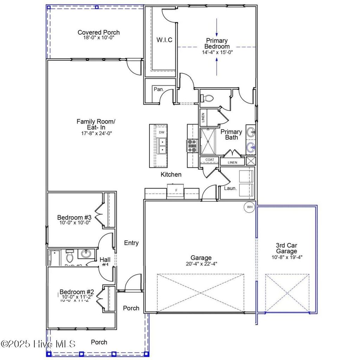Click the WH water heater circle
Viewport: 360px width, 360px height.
tap(250, 207)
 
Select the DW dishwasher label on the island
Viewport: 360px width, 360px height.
tap(161, 132)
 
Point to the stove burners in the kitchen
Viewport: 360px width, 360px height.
tap(192, 146)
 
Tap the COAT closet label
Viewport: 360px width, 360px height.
tap(210, 160)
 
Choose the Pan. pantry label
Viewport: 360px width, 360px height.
tap(159, 89)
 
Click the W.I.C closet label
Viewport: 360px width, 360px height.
tap(164, 40)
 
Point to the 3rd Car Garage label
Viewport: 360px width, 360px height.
tap(286, 248)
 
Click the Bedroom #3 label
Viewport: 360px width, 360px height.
tap(74, 217)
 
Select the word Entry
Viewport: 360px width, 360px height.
tap(131, 243)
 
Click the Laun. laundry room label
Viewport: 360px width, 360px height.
tap(231, 188)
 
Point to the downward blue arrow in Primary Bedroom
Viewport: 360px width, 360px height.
tap(217, 27)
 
